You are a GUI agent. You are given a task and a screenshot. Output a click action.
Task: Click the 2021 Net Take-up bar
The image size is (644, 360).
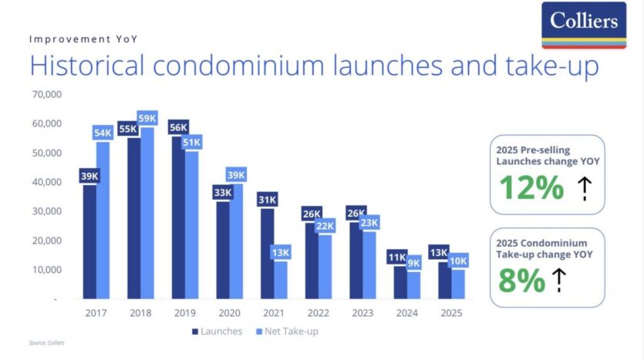[281, 279]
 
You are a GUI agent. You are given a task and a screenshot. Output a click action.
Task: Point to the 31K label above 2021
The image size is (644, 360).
[267, 200]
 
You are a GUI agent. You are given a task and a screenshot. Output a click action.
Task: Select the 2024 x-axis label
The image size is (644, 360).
[406, 313]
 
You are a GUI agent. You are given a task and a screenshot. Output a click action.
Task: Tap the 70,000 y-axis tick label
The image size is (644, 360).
[46, 95]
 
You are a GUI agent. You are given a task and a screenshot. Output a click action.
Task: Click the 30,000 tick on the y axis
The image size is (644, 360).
[46, 211]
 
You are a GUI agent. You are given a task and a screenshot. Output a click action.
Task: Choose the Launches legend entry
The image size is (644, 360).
[217, 331]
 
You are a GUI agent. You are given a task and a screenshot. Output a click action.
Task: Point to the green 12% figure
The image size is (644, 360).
[531, 187]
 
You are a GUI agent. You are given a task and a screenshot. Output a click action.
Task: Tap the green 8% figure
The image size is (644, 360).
[521, 281]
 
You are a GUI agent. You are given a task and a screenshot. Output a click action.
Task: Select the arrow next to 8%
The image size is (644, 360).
[558, 281]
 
